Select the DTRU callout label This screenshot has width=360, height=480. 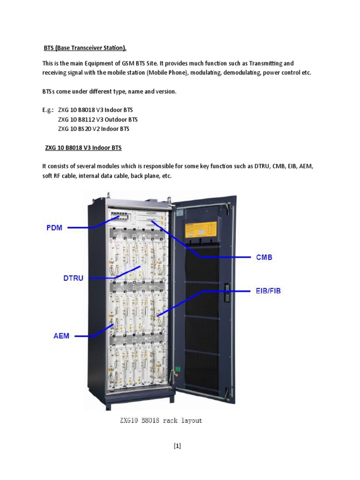tap(73, 278)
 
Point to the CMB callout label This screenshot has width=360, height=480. tap(264, 257)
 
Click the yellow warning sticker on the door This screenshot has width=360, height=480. tap(201, 230)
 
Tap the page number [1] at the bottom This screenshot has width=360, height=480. tap(177, 446)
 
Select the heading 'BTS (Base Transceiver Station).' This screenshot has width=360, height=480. tap(85, 48)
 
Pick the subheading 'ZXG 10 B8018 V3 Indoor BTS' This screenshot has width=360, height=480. tap(83, 148)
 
